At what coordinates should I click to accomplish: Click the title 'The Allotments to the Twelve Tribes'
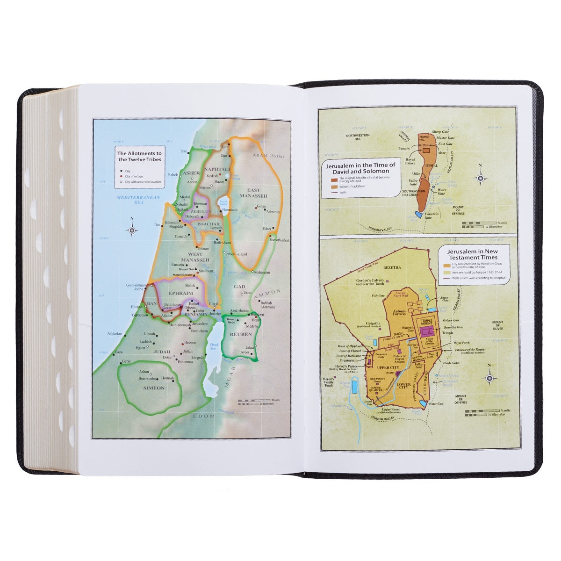pyautogui.click(x=139, y=156)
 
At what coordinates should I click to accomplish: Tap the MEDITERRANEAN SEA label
pyautogui.click(x=138, y=200)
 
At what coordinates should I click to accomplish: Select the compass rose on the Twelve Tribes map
pyautogui.click(x=132, y=230)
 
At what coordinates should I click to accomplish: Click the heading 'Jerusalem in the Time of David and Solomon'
pyautogui.click(x=361, y=168)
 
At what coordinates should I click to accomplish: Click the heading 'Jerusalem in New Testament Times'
pyautogui.click(x=473, y=254)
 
